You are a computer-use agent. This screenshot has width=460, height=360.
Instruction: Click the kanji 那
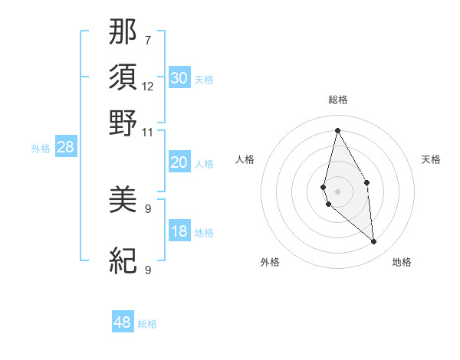point(123,33)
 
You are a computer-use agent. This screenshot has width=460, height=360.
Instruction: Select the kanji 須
point(123,78)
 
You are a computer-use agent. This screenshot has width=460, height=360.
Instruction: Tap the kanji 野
point(123,123)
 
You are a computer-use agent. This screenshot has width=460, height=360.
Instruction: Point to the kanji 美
point(123,201)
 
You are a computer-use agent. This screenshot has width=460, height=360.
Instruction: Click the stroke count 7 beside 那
point(147,40)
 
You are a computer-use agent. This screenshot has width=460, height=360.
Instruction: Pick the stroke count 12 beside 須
point(147,86)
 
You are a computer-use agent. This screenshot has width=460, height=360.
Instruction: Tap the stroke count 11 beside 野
point(147,131)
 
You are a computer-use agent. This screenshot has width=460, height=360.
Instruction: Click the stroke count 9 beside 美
point(147,208)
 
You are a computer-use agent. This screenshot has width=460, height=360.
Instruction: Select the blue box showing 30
point(179,78)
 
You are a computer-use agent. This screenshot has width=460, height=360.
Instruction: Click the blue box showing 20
point(179,162)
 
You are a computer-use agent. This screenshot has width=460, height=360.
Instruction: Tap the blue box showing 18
point(179,232)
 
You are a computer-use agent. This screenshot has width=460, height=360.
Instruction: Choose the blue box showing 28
point(65,148)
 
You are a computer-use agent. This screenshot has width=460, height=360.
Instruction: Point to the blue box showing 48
point(123,322)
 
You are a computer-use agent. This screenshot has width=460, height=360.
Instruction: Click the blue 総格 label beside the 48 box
point(148,324)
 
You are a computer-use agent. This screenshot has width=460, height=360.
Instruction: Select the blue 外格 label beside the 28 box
point(41,149)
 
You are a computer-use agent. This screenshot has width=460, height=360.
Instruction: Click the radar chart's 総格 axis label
point(337,100)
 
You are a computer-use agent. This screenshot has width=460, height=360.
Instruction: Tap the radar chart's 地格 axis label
point(402,262)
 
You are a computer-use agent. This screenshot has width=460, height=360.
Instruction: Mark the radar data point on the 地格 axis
point(374,242)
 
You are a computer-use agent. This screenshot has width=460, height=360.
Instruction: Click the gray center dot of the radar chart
point(337,191)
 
